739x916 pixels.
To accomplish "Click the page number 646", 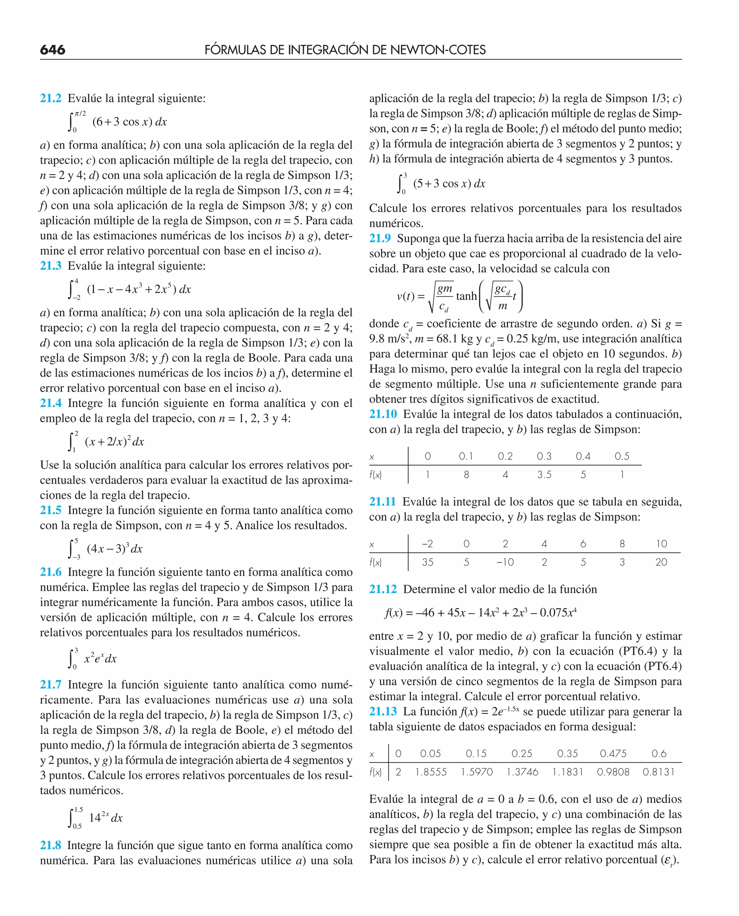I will (x=52, y=50).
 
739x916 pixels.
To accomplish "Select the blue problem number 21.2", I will (x=51, y=98).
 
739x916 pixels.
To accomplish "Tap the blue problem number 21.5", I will (x=51, y=510).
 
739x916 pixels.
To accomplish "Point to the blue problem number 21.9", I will (x=380, y=239).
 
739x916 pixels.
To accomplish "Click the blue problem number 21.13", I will (x=383, y=712).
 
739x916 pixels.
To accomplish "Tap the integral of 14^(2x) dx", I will (x=96, y=818).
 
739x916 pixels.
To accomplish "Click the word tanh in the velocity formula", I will (x=466, y=296).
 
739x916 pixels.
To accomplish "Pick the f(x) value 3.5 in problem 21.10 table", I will (x=544, y=475).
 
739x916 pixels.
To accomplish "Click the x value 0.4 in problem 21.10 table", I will (x=583, y=456).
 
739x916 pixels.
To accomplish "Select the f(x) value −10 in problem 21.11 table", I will (x=505, y=562).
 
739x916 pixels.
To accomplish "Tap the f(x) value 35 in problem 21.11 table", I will (x=427, y=562).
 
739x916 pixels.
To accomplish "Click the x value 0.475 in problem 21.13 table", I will (x=613, y=754).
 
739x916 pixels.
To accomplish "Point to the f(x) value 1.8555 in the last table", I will (x=431, y=772).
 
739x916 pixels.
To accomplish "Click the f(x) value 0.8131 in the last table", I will (x=658, y=772).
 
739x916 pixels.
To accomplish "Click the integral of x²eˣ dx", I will (x=93, y=659).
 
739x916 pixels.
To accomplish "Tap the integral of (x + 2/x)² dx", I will (x=106, y=442).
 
